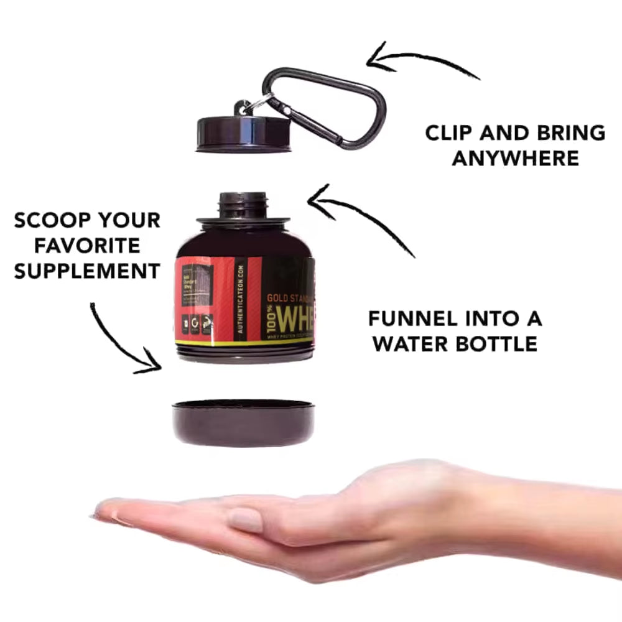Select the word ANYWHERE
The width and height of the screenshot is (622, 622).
(x=515, y=158)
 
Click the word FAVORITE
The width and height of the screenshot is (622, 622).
(x=87, y=246)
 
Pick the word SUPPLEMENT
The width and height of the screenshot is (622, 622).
(x=87, y=271)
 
